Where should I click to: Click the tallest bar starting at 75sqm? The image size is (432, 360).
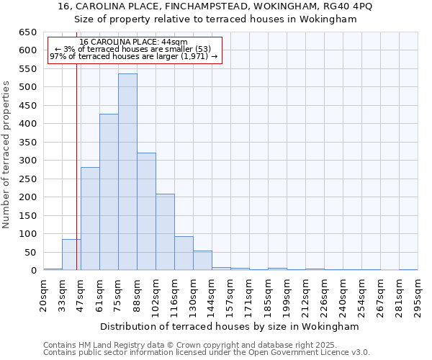tap(127, 172)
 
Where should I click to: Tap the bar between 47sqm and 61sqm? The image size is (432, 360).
tap(90, 219)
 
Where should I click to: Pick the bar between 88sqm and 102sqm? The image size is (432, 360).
tap(146, 212)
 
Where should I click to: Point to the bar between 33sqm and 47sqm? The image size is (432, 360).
tap(71, 255)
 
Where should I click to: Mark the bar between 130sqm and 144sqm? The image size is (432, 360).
tap(202, 261)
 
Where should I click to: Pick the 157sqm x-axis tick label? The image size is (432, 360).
tap(231, 294)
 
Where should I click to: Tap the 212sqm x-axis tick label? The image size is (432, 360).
tap(306, 294)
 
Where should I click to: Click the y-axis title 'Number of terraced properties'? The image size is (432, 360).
tap(7, 154)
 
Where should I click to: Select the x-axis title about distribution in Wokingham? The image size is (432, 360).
tap(230, 327)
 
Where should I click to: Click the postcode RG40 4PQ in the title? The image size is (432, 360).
tap(338, 6)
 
